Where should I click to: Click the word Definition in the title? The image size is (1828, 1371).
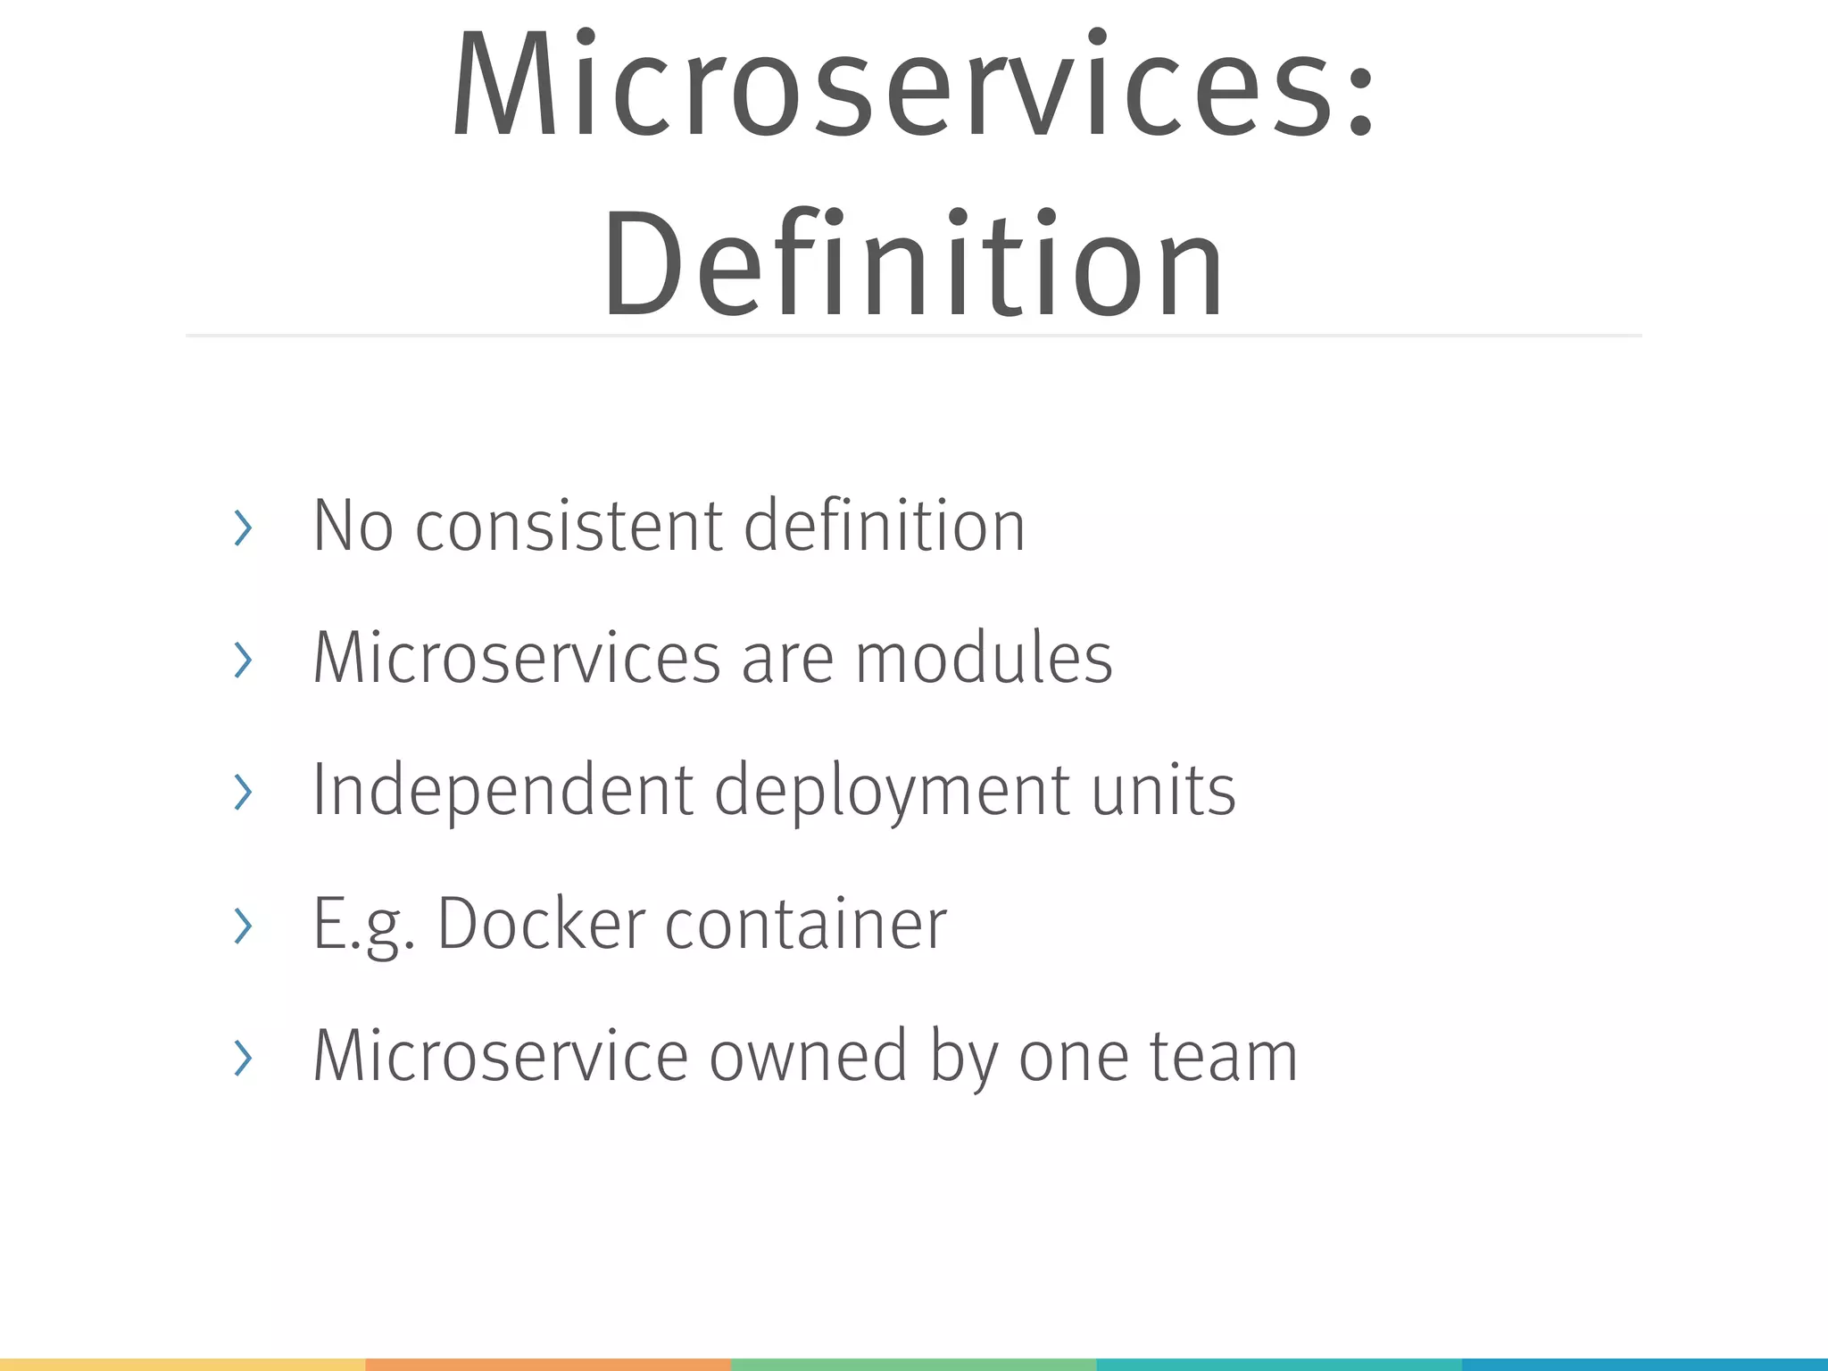[913, 263]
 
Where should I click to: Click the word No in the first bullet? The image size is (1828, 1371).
[353, 526]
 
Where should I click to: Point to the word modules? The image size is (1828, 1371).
[984, 658]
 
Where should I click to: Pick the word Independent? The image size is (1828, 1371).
[503, 791]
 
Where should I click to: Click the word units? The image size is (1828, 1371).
[1164, 791]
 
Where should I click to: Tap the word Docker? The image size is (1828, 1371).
[541, 923]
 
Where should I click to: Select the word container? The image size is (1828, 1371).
[805, 925]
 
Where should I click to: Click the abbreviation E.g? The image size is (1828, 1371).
[363, 925]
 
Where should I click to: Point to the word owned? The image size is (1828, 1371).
[808, 1056]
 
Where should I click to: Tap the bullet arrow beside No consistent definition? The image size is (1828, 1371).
[243, 528]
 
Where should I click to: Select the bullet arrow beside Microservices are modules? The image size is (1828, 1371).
[243, 660]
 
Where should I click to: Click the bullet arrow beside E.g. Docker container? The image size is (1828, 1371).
[243, 925]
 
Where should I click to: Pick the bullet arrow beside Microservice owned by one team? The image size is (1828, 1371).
[243, 1058]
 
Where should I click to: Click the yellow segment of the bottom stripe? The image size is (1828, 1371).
[182, 1365]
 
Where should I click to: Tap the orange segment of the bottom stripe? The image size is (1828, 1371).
[548, 1365]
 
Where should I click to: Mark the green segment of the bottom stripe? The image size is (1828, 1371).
[913, 1365]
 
